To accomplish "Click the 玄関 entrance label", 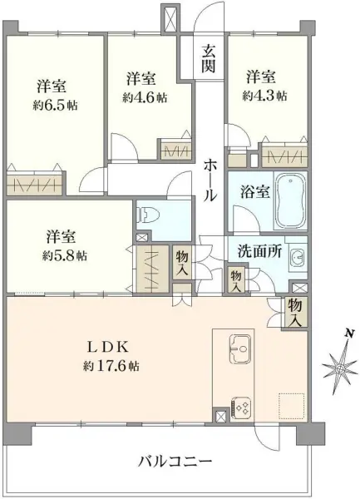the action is [x=208, y=58].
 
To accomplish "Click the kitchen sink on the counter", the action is [x=240, y=348].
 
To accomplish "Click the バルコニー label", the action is [x=175, y=461].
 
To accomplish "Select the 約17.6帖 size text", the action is [x=111, y=366].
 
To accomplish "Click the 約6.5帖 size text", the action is [x=56, y=105].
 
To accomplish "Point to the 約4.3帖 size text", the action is [x=264, y=96].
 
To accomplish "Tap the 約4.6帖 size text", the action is [x=145, y=97].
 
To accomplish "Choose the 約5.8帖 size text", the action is [x=65, y=255].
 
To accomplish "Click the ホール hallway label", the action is [x=210, y=180].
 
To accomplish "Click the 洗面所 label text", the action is [x=259, y=252].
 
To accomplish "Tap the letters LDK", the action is [x=108, y=347].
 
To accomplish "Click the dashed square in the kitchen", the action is [x=292, y=407].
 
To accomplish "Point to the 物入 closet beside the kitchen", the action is [x=295, y=313].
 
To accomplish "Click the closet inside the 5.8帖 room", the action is [x=152, y=269].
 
